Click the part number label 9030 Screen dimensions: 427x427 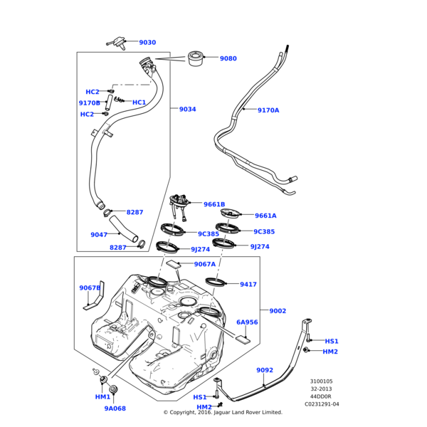point(167,43)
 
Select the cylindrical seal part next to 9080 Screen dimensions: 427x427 point(196,58)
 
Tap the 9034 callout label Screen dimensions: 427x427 point(187,110)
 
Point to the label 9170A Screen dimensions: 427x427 point(268,110)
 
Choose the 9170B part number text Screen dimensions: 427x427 point(89,103)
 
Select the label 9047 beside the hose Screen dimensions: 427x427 point(99,235)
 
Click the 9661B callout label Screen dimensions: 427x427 point(214,204)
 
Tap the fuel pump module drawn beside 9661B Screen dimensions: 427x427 point(180,206)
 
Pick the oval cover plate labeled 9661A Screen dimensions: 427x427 point(232,213)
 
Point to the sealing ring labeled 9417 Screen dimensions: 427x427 point(217,283)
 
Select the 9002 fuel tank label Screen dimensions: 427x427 point(278,310)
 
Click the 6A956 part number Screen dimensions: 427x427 point(247,322)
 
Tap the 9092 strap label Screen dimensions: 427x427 point(265,370)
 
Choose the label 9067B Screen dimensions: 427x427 point(90,288)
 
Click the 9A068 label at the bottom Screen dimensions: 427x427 point(115,408)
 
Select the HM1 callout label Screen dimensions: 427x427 point(102,397)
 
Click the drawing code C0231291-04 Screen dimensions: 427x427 point(322,404)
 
